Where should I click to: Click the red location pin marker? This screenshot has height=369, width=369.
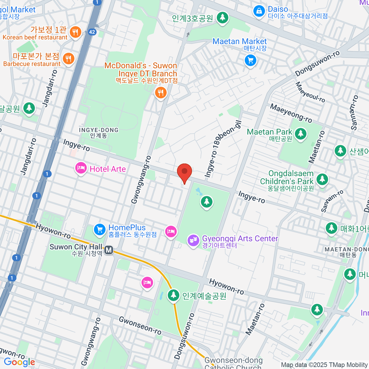coord(184,172)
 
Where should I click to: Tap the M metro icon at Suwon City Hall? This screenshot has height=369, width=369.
coord(109,250)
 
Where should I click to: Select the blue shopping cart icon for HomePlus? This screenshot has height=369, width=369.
coord(99,229)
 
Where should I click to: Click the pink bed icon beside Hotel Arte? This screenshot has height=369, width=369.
coord(81,168)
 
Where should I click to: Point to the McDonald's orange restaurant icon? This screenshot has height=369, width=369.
coord(161,92)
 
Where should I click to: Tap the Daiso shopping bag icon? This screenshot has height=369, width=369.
coord(259,11)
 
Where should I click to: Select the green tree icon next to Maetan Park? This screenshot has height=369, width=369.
coord(301,133)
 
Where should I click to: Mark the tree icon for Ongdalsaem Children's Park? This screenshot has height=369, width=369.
coord(322,179)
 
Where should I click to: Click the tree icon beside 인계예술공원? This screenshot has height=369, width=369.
coord(173,295)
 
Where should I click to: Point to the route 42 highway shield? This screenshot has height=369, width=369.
coord(92,32)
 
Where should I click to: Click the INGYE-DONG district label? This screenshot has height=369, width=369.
coord(99,133)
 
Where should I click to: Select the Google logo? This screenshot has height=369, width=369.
coord(19,362)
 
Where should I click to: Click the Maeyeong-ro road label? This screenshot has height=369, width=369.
coord(291,113)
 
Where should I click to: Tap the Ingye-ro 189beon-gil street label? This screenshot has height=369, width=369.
coord(223,149)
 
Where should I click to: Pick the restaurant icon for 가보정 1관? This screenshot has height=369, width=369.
coord(75,32)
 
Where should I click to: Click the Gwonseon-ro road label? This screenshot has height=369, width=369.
coord(140,325)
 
